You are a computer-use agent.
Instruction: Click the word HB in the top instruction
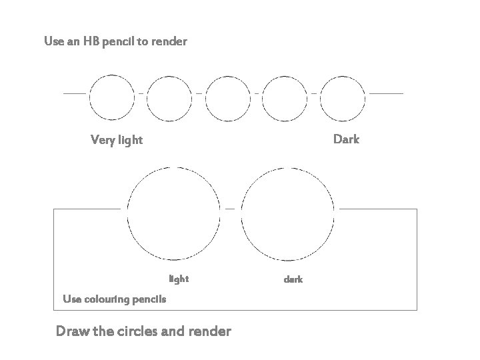pyautogui.click(x=91, y=41)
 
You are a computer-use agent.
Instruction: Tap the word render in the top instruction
pyautogui.click(x=169, y=41)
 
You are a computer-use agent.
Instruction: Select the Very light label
pyautogui.click(x=116, y=140)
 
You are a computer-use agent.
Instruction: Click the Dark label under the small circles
pyautogui.click(x=346, y=139)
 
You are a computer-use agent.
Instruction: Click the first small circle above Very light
pyautogui.click(x=111, y=97)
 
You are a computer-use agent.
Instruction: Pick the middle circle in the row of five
pyautogui.click(x=227, y=97)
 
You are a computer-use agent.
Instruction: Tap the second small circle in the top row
pyautogui.click(x=169, y=97)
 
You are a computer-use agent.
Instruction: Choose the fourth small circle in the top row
pyautogui.click(x=286, y=97)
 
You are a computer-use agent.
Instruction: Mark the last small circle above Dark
pyautogui.click(x=343, y=97)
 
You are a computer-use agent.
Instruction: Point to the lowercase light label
pyautogui.click(x=179, y=279)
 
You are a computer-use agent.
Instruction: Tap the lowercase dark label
pyautogui.click(x=293, y=279)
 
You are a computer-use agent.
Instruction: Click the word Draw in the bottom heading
pyautogui.click(x=73, y=331)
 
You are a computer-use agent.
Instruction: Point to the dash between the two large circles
pyautogui.click(x=230, y=209)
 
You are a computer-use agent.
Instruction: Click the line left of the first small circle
pyautogui.click(x=74, y=94)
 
